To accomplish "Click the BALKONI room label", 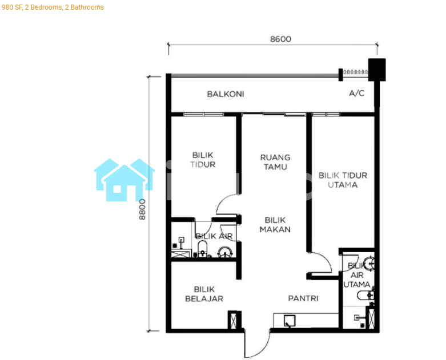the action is pyautogui.click(x=225, y=94).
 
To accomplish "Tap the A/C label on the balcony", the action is pyautogui.click(x=356, y=93).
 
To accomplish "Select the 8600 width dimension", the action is pyautogui.click(x=280, y=39).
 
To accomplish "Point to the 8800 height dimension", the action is pyautogui.click(x=142, y=209).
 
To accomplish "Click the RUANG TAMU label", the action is pyautogui.click(x=275, y=162).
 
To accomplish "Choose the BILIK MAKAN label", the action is pyautogui.click(x=275, y=225).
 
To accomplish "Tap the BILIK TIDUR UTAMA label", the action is pyautogui.click(x=343, y=180).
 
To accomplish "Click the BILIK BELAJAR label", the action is pyautogui.click(x=204, y=294).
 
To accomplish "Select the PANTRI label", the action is pyautogui.click(x=303, y=298).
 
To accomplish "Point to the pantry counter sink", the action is pyautogui.click(x=290, y=321).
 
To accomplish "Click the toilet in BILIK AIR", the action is pyautogui.click(x=202, y=248).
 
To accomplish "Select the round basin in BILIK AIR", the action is pyautogui.click(x=225, y=252).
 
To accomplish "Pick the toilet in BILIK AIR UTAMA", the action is pyautogui.click(x=365, y=296).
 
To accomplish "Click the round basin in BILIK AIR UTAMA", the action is pyautogui.click(x=369, y=264).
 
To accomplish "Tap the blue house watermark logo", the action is pyautogui.click(x=124, y=180).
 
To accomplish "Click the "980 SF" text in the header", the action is pyautogui.click(x=12, y=7).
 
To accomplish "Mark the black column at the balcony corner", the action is pyautogui.click(x=377, y=70).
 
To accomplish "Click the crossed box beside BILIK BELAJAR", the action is pyautogui.click(x=234, y=321).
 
